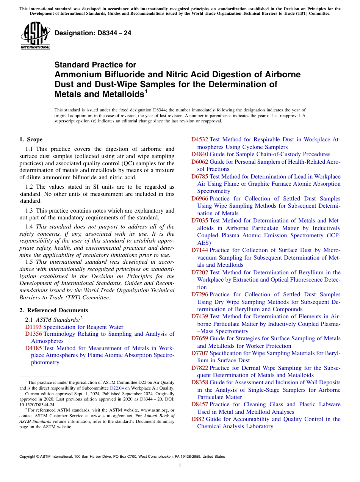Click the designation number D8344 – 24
tap(93, 33)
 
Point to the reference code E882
tap(197, 419)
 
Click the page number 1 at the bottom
tap(180, 465)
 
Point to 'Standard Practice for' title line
tap(95, 65)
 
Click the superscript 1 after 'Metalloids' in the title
tap(146, 91)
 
